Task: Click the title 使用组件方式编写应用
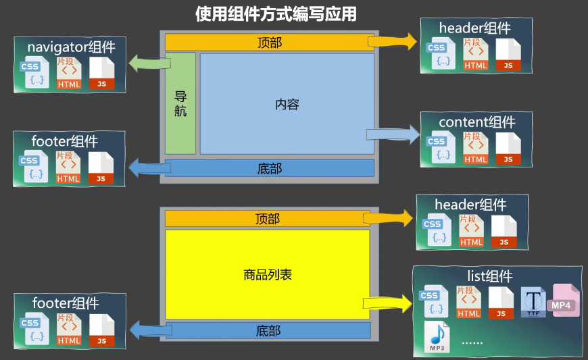point(276,14)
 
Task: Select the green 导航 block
point(180,103)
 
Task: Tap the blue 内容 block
point(287,104)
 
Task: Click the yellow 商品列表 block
point(268,275)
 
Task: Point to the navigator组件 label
point(71,47)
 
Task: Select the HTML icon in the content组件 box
point(476,149)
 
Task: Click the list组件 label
point(490,276)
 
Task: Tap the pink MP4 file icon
point(564,302)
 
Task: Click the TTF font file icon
point(534,302)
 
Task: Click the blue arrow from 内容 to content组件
point(392,132)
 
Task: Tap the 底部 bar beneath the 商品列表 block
point(268,331)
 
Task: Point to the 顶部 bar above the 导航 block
point(270,43)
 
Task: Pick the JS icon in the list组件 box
point(501,303)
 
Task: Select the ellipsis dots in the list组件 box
point(472,342)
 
